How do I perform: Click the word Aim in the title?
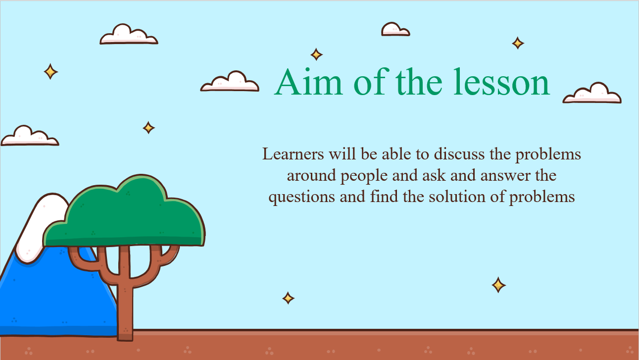pos(308,82)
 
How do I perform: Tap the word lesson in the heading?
pos(501,82)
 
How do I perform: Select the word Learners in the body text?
pos(293,154)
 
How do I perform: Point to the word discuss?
pos(459,154)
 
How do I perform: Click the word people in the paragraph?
pos(364,176)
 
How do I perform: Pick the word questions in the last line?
pos(301,197)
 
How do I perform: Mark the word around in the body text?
pos(311,175)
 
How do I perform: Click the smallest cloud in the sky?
pos(395,29)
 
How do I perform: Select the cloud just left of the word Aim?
pos(230,82)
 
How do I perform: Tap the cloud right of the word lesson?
pos(592,93)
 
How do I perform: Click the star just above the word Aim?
pos(316,54)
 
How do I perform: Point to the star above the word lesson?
pos(518,43)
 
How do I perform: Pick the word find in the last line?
pos(384,197)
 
